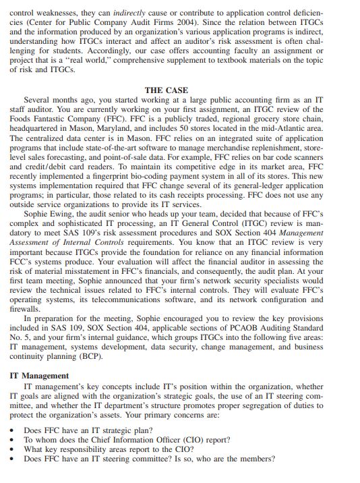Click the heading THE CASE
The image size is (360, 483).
tap(167, 90)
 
